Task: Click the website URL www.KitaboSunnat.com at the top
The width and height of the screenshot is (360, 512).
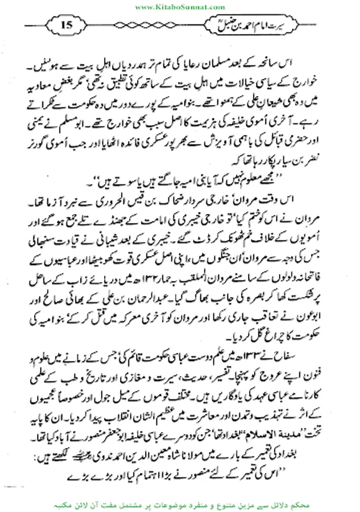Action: (x=180, y=6)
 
